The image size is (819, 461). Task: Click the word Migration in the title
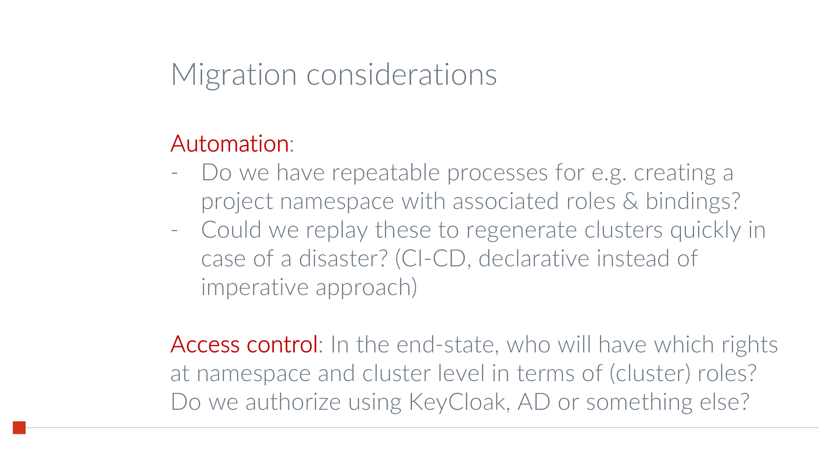coord(233,75)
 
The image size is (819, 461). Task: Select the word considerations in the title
coord(401,75)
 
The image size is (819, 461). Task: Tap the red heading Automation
coord(230,144)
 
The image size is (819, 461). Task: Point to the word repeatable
coord(385,173)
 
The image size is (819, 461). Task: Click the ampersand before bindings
coord(630,201)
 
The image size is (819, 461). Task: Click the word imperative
coord(255,288)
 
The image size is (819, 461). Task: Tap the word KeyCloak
coord(459,402)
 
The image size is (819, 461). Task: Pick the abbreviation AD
coord(534,402)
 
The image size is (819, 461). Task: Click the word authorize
coord(293,402)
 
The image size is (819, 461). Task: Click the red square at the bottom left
coord(19,427)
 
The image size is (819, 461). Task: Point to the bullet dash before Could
coord(174,230)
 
